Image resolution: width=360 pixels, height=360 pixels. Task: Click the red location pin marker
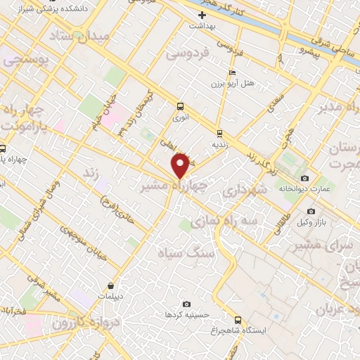[x=181, y=165]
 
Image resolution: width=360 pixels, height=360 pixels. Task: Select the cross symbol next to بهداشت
[x=202, y=15]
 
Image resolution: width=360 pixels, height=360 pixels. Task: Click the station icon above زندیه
[x=220, y=132]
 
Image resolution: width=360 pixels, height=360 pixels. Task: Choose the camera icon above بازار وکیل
[x=311, y=211]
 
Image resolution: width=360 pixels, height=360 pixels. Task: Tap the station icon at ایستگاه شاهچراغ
[x=238, y=319]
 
